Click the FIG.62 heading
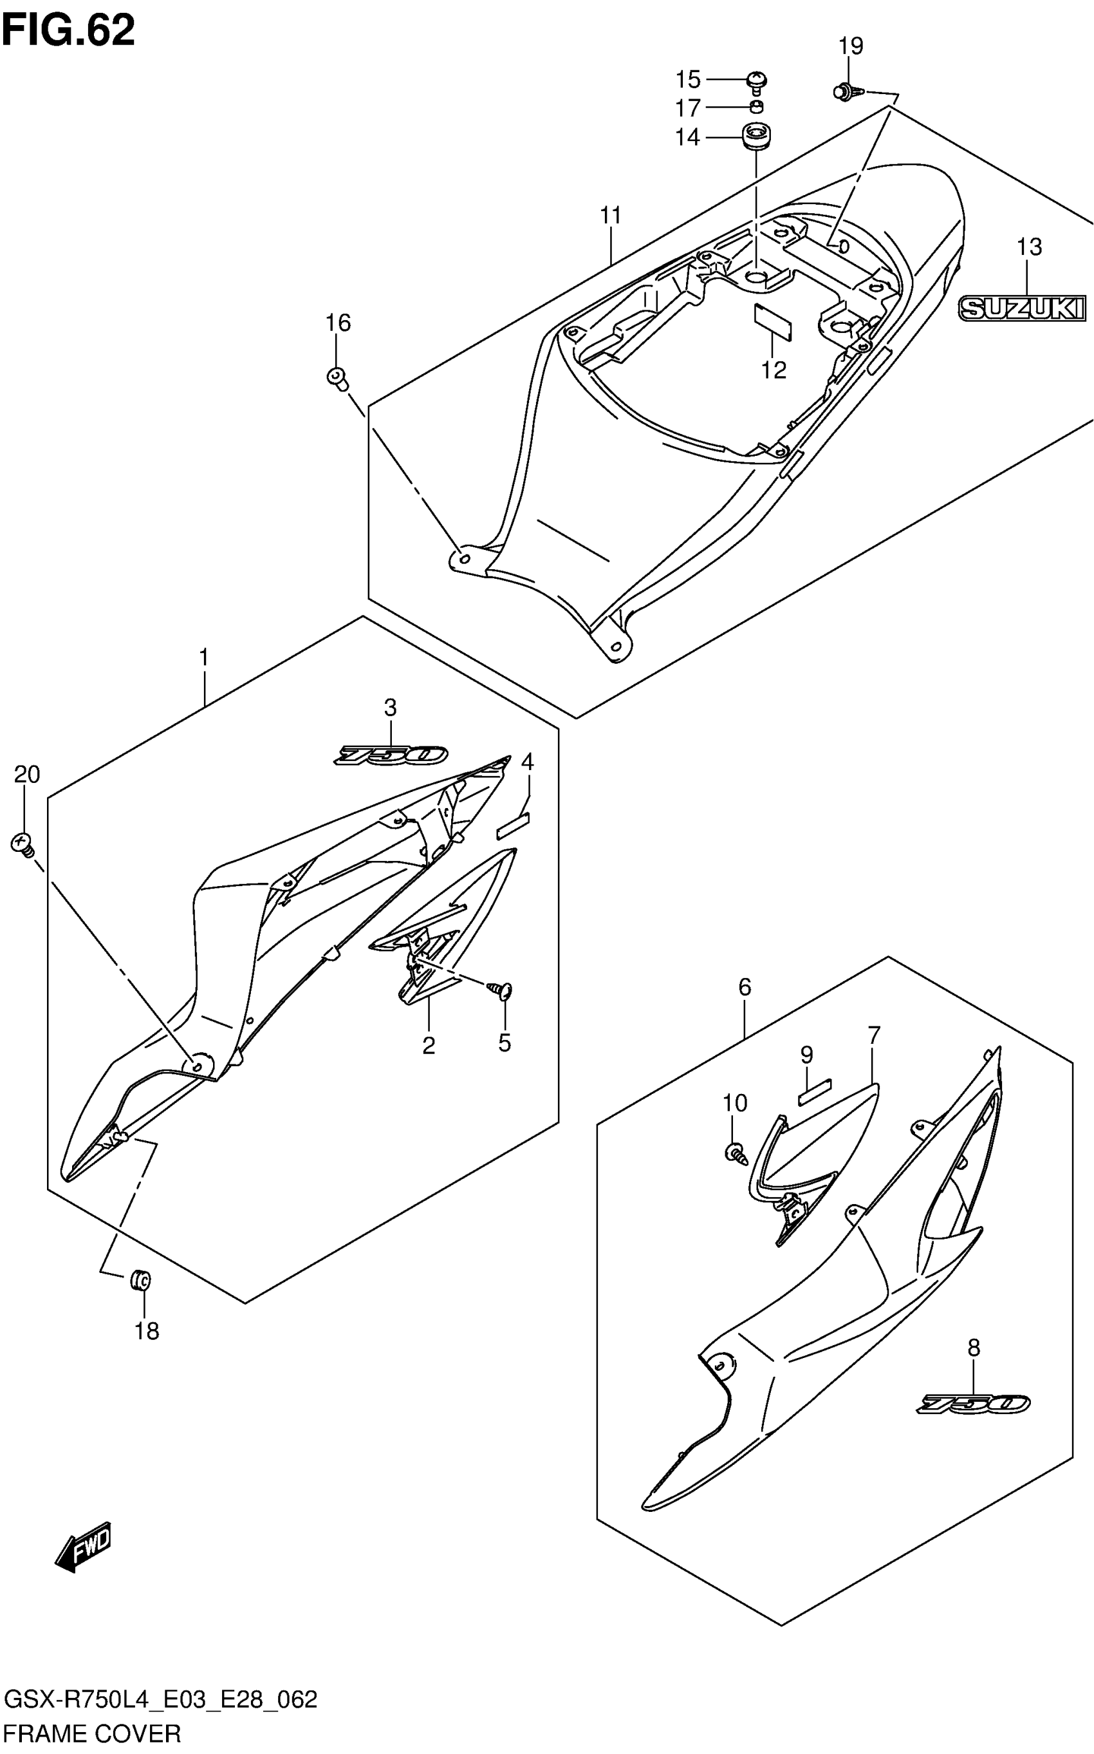68,30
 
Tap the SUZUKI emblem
1022,309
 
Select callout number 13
1029,247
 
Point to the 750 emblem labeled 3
391,756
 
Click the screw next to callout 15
757,81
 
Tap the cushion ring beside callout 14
756,135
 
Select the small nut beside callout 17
757,108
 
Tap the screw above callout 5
501,990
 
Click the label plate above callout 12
773,322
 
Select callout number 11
611,216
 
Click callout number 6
745,987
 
